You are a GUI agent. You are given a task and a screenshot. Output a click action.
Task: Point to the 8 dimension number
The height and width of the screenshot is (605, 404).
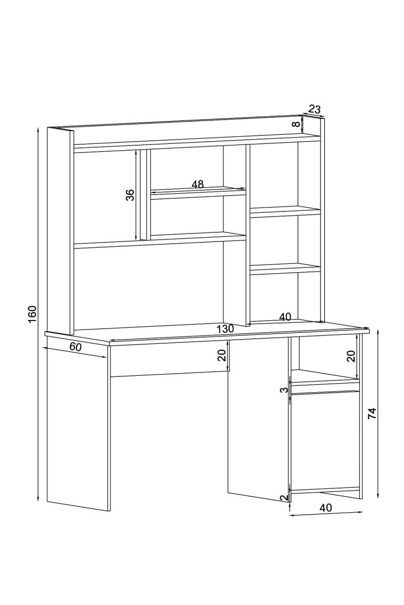pos(296,124)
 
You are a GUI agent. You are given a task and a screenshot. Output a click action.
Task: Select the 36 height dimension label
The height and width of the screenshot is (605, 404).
pos(131,195)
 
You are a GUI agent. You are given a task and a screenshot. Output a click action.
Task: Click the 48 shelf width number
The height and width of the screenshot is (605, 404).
pos(198,185)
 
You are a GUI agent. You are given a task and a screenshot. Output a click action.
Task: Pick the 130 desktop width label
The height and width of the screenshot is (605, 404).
pos(225,329)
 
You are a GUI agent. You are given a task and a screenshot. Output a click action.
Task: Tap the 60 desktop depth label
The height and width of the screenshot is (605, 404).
pos(75,347)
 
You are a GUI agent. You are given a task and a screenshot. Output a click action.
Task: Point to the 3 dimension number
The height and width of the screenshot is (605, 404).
pos(284,390)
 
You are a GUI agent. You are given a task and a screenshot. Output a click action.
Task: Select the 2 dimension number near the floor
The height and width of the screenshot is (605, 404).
pos(284,498)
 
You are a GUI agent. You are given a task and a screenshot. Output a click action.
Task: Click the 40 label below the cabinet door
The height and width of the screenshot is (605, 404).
pos(326,508)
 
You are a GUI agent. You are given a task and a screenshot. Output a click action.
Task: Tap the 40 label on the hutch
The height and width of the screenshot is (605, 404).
pos(285,317)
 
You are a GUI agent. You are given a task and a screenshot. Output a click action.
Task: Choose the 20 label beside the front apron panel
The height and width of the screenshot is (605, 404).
pos(222,355)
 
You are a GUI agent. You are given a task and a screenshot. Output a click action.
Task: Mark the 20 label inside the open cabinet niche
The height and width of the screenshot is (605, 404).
pos(351,356)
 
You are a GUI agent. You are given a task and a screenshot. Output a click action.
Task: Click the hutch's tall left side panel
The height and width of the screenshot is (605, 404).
pos(60,231)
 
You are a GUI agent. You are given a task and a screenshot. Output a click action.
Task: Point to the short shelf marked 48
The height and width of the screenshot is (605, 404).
pos(198,193)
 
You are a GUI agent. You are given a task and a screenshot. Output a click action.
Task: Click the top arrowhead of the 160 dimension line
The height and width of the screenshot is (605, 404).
pos(38,130)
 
